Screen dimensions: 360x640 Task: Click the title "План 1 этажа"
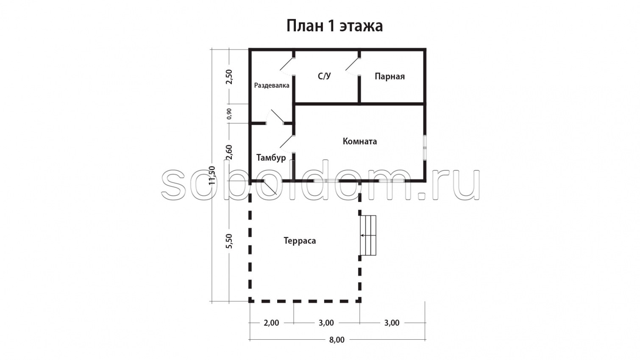pos(334,26)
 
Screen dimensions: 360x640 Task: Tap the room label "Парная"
pos(390,77)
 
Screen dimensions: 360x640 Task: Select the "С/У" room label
pos(324,76)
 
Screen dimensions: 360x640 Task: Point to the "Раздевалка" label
pos(272,86)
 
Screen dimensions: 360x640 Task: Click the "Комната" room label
pos(359,141)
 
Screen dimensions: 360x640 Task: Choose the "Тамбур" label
pos(271,158)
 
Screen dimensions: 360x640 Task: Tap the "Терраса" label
pos(300,241)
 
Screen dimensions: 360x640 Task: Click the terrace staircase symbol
pos(368,235)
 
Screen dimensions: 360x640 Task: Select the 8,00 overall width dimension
pos(337,340)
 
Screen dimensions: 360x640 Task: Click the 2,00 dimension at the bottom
pos(271,323)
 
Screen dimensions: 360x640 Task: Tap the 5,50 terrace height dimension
pos(229,241)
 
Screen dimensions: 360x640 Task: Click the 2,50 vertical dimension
pos(229,77)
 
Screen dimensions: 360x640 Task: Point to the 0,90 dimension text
pos(229,114)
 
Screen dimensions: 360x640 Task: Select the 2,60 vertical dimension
pos(229,152)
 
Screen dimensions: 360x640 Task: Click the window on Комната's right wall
pos(425,148)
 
